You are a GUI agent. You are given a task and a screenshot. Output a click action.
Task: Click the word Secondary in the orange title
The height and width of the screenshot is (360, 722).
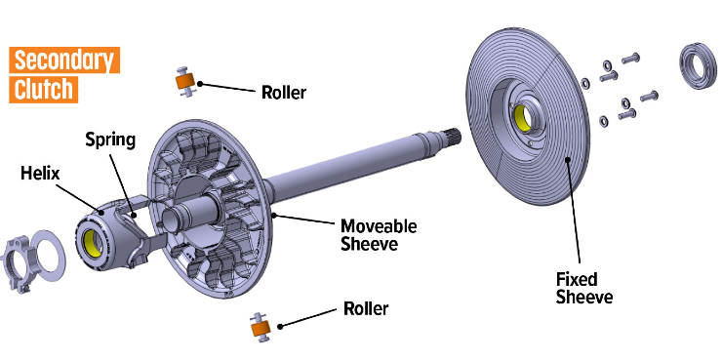pyautogui.click(x=64, y=60)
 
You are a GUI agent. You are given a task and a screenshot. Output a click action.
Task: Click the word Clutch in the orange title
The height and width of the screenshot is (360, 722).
pyautogui.click(x=43, y=89)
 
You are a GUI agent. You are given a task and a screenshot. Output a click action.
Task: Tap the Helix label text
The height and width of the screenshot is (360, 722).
pyautogui.click(x=41, y=173)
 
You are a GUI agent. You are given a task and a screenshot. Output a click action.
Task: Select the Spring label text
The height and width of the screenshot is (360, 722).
pyautogui.click(x=110, y=140)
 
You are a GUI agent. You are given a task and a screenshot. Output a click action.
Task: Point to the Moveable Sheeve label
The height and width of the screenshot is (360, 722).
pyautogui.click(x=379, y=235)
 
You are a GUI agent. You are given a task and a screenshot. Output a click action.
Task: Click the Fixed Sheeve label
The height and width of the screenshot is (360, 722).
pyautogui.click(x=584, y=288)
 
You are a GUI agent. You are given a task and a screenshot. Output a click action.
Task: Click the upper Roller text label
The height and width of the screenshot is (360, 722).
pyautogui.click(x=284, y=93)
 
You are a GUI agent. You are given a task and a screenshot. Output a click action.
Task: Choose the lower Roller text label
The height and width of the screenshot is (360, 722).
pyautogui.click(x=366, y=308)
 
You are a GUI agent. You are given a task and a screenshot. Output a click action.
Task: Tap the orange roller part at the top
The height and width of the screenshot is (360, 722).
pyautogui.click(x=185, y=82)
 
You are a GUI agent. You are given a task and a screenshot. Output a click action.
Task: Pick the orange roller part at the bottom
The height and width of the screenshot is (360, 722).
pyautogui.click(x=261, y=328)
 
